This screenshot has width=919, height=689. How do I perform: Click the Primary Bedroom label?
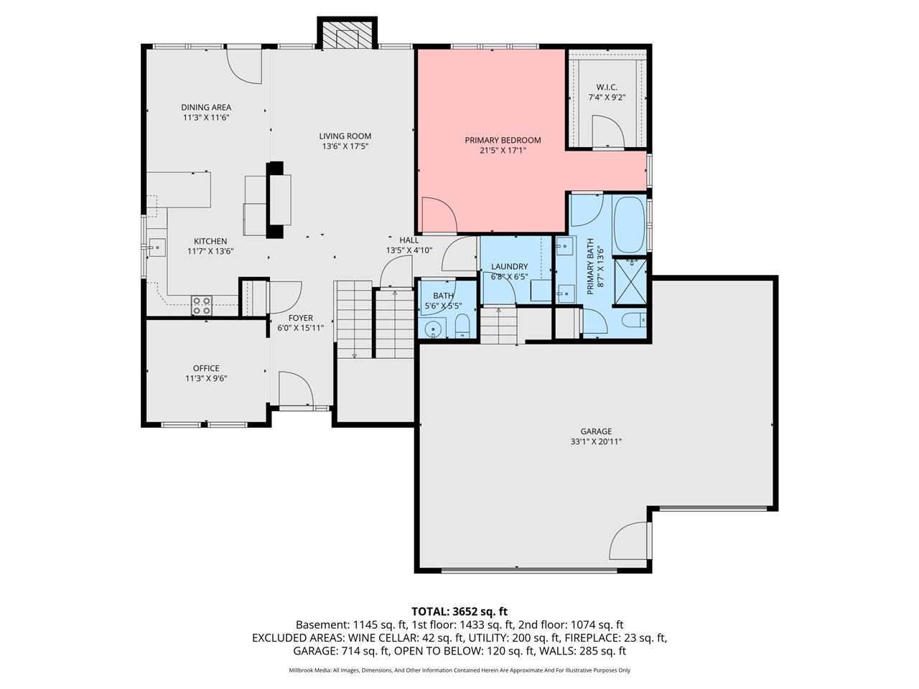tap(503, 140)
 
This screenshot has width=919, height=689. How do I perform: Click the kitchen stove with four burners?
tap(202, 306)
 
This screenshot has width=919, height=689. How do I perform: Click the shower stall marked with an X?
tap(630, 283)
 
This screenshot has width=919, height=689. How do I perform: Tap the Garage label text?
tap(596, 431)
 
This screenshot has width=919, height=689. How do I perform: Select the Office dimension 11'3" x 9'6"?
tap(206, 378)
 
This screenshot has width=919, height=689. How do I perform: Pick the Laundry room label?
tap(509, 266)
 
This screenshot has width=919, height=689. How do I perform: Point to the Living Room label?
tap(345, 136)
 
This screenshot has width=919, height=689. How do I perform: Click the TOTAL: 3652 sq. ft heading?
tap(459, 611)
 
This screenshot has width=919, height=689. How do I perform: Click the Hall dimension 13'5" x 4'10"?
tap(409, 250)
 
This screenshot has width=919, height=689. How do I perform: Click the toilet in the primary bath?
tap(634, 319)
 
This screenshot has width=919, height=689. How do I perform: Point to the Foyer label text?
tap(300, 318)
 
